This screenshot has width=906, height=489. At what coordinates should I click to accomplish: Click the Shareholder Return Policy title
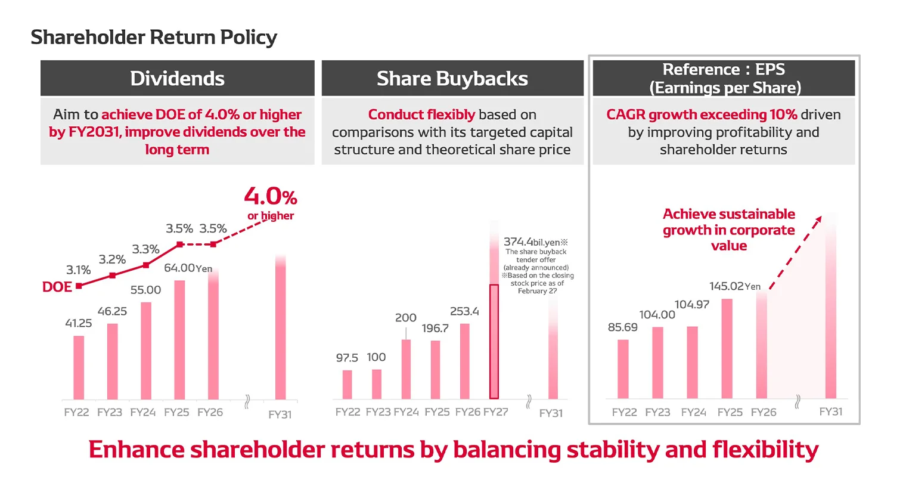point(154,37)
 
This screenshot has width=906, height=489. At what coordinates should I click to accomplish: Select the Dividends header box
point(177,78)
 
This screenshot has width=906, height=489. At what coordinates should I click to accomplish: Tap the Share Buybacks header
point(452,78)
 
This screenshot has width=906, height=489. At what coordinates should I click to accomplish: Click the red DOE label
point(57,287)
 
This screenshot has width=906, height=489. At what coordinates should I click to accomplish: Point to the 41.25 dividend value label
point(78,323)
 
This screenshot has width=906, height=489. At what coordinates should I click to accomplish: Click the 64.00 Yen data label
point(188,268)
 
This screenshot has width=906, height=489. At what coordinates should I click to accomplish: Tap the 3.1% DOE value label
point(78,270)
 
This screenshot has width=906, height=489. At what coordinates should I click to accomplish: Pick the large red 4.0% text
point(270,196)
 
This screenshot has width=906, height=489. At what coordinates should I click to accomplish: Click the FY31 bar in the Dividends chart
point(280,328)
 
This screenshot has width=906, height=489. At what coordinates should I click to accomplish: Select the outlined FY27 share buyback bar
point(494,341)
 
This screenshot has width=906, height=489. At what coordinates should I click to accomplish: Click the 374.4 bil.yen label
point(535,242)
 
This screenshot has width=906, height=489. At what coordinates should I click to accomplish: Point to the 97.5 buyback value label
point(347,358)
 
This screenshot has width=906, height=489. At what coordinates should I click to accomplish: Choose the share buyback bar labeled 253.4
point(465,361)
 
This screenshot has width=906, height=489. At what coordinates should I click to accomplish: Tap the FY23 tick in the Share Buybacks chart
point(378,412)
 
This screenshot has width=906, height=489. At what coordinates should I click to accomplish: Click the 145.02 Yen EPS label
point(734,286)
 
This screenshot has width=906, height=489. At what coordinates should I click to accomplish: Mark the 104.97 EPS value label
point(692,305)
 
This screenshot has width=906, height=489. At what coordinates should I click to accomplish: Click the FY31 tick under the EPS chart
point(830,411)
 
